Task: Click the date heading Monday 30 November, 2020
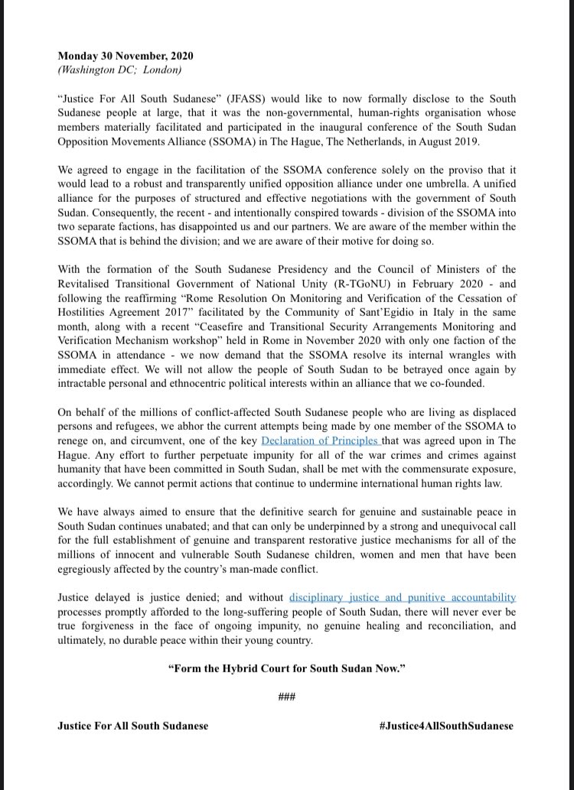click(x=126, y=56)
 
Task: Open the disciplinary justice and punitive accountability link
click(x=403, y=597)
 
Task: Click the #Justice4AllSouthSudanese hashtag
click(x=446, y=725)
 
